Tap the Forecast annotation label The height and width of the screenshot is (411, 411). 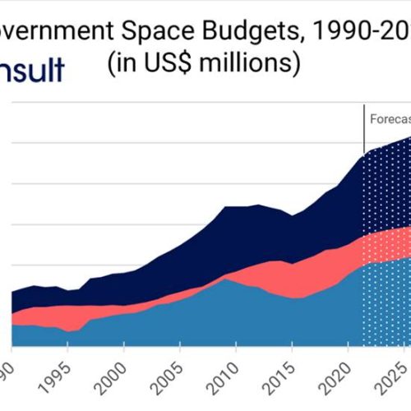(389, 118)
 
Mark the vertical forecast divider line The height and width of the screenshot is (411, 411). (363, 132)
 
